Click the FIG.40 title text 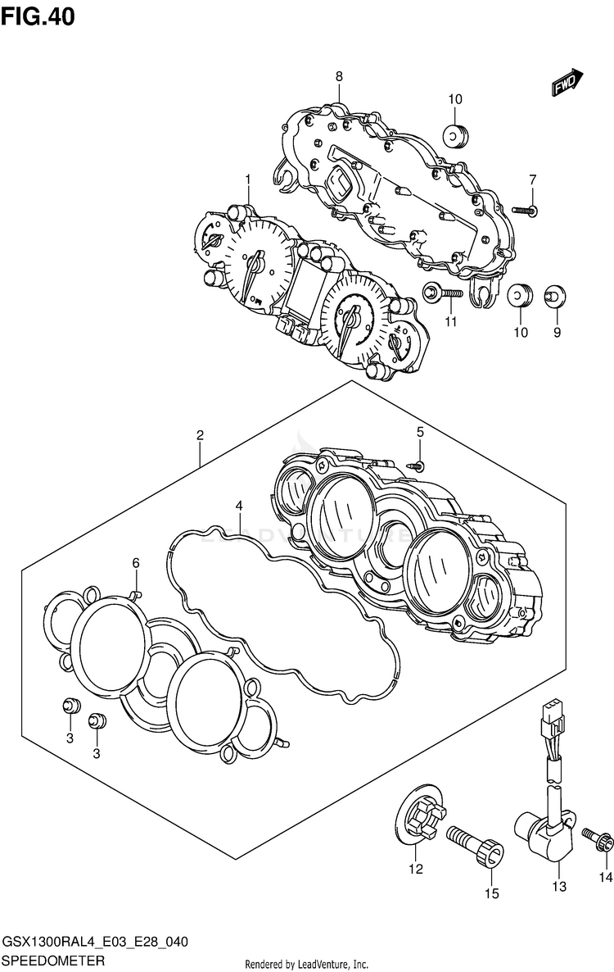point(38,16)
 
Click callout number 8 point(338,77)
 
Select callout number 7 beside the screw point(532,179)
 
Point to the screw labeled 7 point(525,211)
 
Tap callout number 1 point(247,179)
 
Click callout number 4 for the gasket point(239,506)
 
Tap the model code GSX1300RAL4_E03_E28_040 point(96,943)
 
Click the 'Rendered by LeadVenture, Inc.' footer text point(307,964)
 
